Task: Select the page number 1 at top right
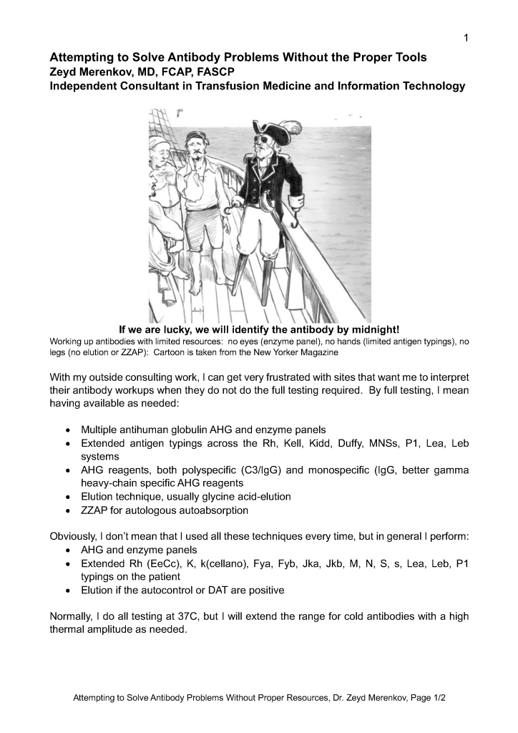point(466,38)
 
